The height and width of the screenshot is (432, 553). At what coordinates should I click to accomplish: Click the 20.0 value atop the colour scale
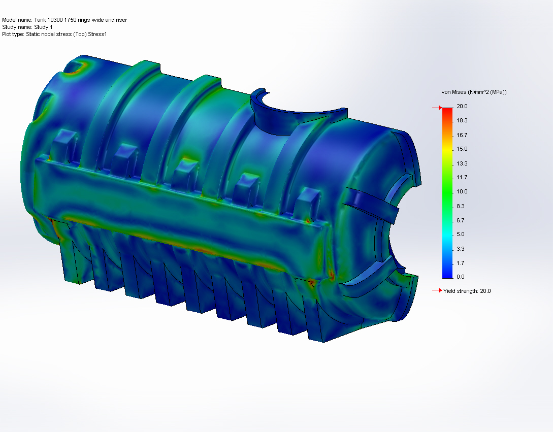point(462,106)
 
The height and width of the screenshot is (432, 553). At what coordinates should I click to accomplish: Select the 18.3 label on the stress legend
point(462,120)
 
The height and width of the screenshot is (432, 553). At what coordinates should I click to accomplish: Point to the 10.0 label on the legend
point(462,191)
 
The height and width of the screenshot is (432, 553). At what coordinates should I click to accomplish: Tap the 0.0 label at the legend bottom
point(460,277)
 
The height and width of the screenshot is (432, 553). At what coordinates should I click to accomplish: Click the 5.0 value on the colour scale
point(460,234)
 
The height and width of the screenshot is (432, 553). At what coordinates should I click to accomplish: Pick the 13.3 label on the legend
point(462,163)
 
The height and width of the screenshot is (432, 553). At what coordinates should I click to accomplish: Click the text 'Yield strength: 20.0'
point(467,291)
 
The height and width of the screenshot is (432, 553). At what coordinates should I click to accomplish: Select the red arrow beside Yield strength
point(437,290)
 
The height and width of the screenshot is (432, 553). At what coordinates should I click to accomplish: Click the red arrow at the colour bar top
point(436,108)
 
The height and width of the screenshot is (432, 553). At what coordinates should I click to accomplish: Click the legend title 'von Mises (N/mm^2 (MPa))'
point(474,92)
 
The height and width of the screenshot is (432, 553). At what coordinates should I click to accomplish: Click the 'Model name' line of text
point(64,20)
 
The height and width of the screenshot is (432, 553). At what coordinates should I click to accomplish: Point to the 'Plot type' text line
point(54,34)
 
